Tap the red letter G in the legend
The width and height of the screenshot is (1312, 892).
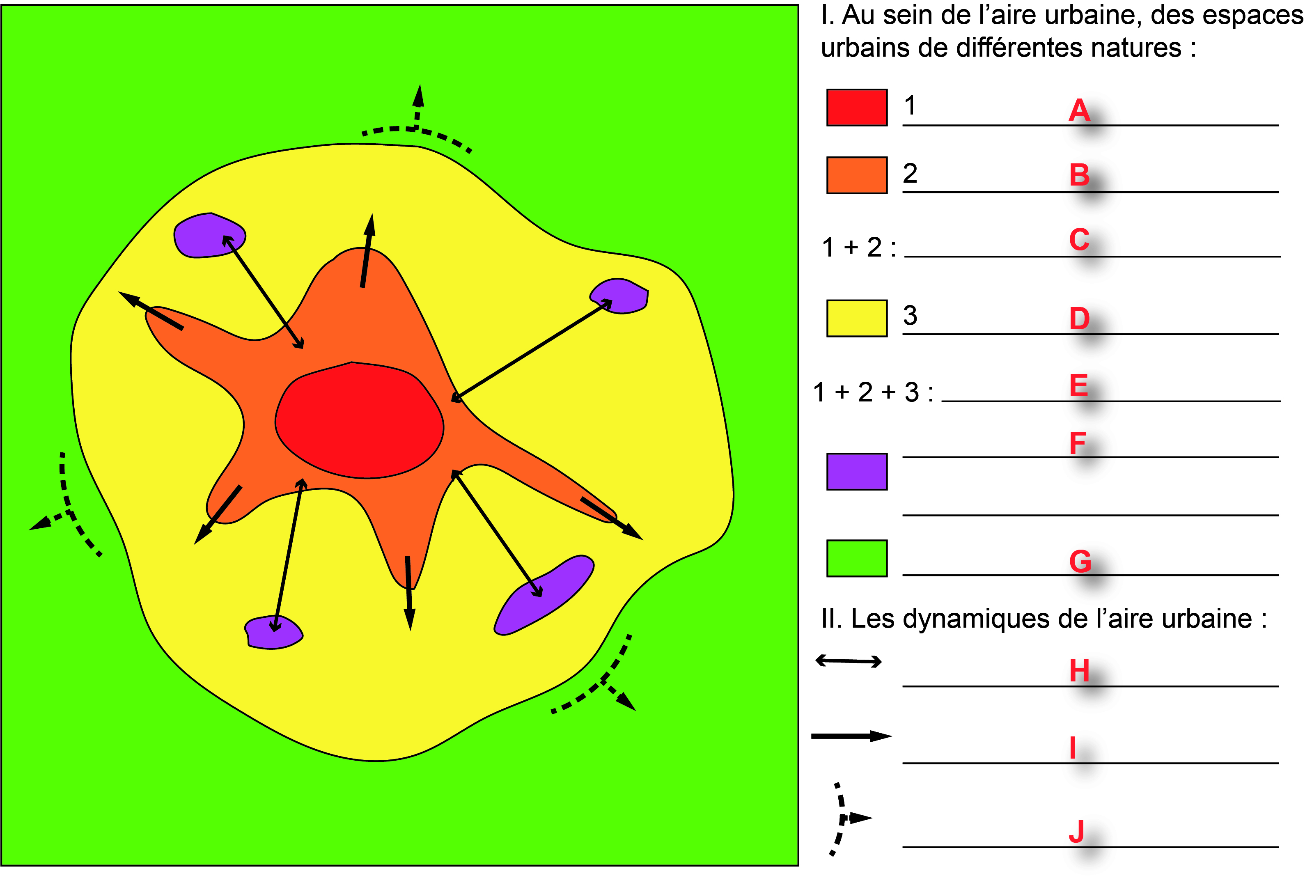1080,562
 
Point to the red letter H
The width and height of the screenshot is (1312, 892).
1079,671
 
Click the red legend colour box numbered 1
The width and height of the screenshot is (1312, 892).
856,107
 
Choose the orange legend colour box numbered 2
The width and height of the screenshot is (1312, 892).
856,175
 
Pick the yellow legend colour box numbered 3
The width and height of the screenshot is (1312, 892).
856,319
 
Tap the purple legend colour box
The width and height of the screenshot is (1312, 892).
856,471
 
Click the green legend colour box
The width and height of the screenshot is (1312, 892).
856,558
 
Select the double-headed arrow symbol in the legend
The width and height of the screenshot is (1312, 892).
849,661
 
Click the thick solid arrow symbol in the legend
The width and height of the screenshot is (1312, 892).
851,736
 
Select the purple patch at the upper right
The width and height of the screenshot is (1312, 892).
620,295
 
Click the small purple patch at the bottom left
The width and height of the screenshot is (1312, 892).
273,632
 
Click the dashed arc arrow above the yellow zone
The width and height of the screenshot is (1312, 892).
417,129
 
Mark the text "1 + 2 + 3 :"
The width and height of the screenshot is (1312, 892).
873,392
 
